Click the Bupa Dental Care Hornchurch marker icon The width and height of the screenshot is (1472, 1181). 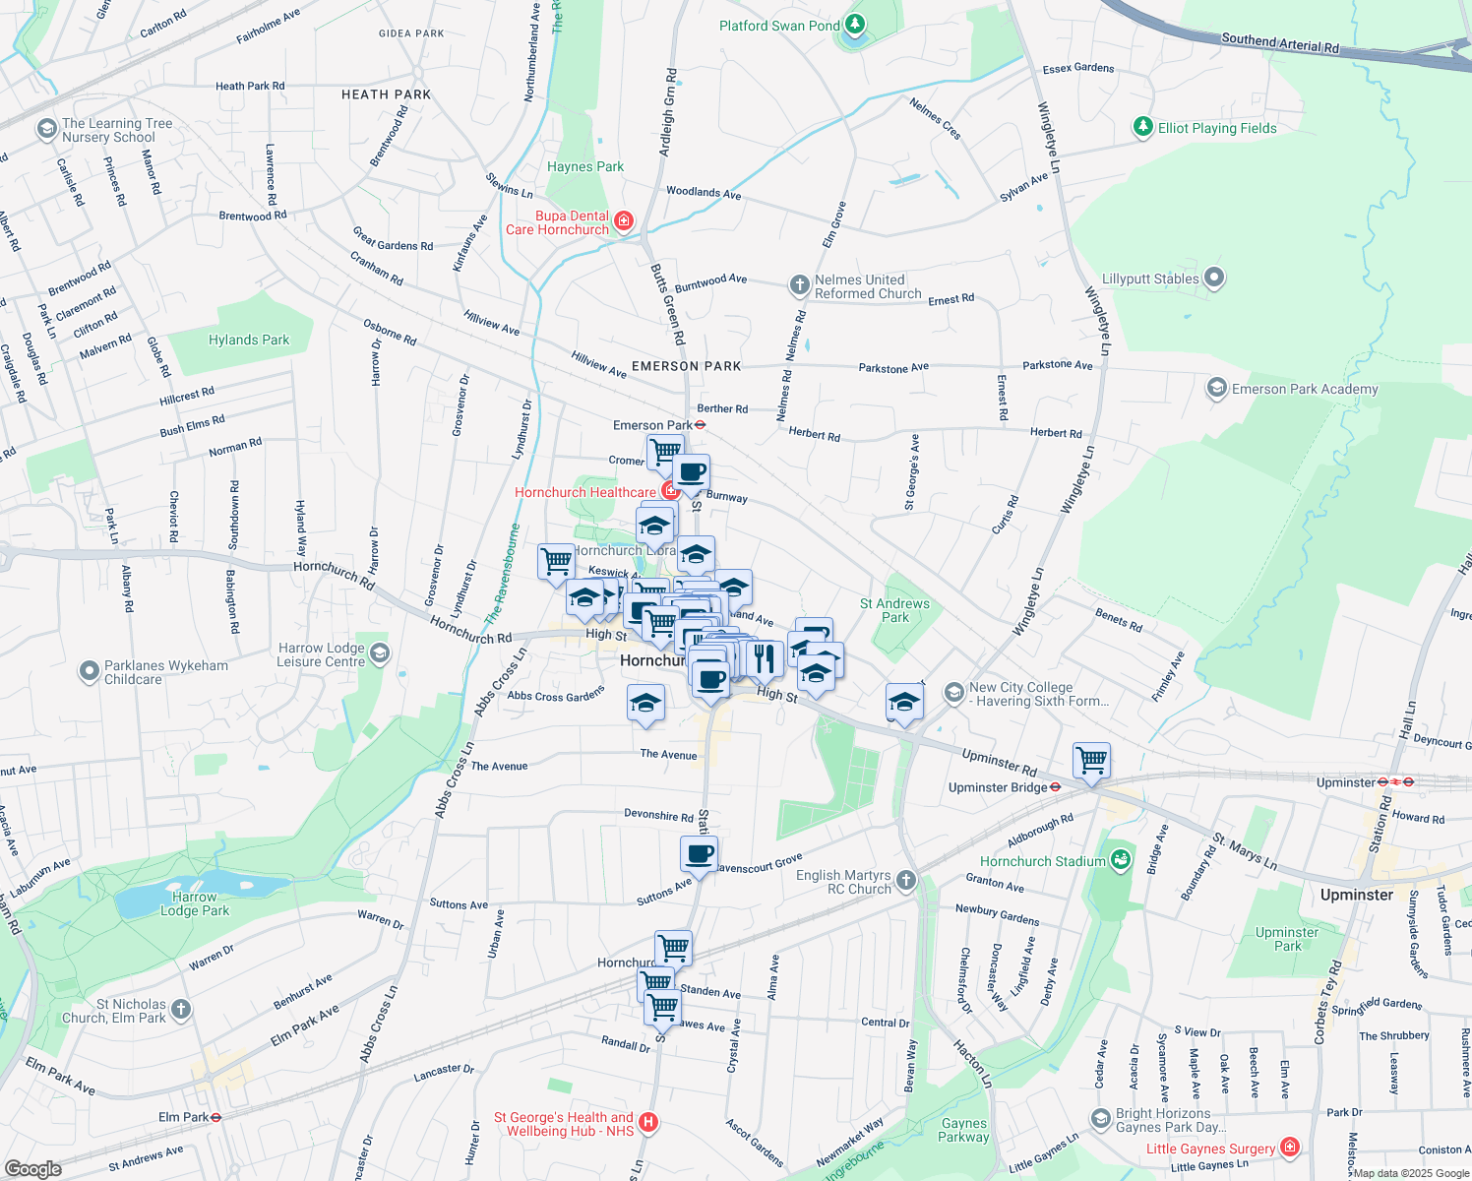(x=623, y=221)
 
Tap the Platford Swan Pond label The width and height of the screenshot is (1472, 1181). (x=779, y=26)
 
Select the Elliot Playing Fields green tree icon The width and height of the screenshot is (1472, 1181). (x=1142, y=127)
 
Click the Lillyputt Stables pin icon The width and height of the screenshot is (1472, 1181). (x=1214, y=279)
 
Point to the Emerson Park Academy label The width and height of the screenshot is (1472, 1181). (x=1305, y=389)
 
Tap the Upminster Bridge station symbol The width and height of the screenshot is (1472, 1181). (x=1055, y=786)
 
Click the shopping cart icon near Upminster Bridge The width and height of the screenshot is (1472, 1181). (x=1091, y=761)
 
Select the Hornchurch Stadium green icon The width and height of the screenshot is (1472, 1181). (x=1120, y=860)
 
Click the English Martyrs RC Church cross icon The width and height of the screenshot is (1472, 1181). (x=906, y=881)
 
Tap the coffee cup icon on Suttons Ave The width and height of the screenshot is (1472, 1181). (x=699, y=855)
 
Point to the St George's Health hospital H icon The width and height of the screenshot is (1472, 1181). (x=647, y=1122)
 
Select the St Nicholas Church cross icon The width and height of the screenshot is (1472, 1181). (x=180, y=1009)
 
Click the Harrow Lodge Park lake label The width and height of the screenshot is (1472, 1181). (x=195, y=903)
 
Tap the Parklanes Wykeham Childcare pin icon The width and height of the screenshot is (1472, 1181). (x=89, y=671)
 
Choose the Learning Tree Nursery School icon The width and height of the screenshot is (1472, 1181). (x=46, y=129)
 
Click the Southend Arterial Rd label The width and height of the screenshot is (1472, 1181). (x=1279, y=42)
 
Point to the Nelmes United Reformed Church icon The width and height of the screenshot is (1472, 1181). (x=799, y=285)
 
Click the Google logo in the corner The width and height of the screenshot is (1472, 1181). (x=32, y=1168)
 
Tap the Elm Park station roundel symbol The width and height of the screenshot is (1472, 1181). (x=215, y=1117)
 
